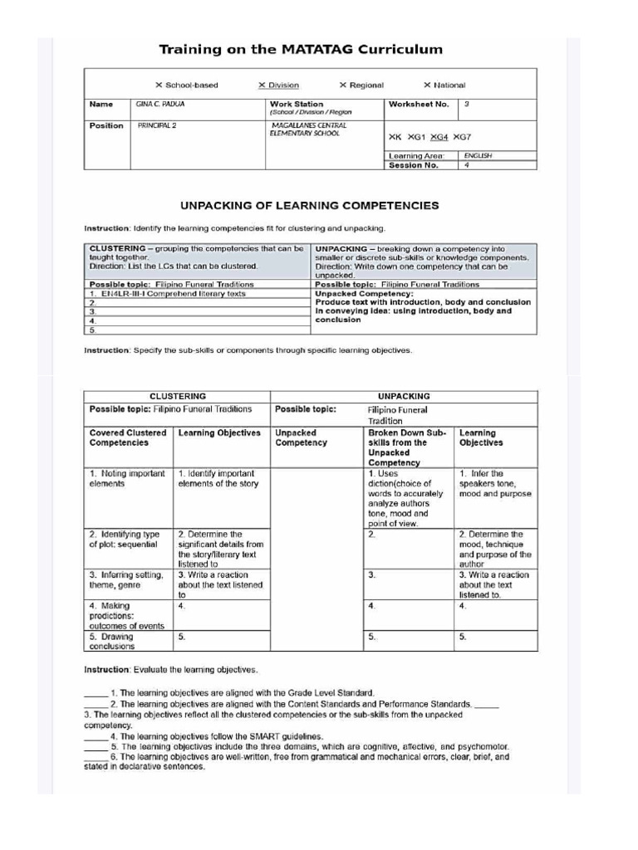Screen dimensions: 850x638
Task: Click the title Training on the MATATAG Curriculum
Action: (x=301, y=50)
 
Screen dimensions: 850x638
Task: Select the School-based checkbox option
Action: (x=187, y=85)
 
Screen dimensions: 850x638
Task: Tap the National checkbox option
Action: (x=444, y=85)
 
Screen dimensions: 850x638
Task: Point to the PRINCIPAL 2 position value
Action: (x=156, y=125)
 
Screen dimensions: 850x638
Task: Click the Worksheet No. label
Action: (x=418, y=105)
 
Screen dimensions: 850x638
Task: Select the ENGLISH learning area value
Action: (x=478, y=155)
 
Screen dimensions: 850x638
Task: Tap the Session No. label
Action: (x=413, y=164)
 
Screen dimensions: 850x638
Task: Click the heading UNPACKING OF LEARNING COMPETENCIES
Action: (x=310, y=205)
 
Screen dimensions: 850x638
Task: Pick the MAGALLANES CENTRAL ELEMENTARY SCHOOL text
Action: (x=305, y=129)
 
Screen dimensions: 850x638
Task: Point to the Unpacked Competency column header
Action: (x=301, y=437)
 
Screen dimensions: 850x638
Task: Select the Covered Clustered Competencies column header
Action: (x=127, y=437)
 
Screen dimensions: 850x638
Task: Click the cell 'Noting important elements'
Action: (x=126, y=478)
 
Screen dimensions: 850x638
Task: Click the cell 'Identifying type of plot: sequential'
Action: (x=125, y=540)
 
